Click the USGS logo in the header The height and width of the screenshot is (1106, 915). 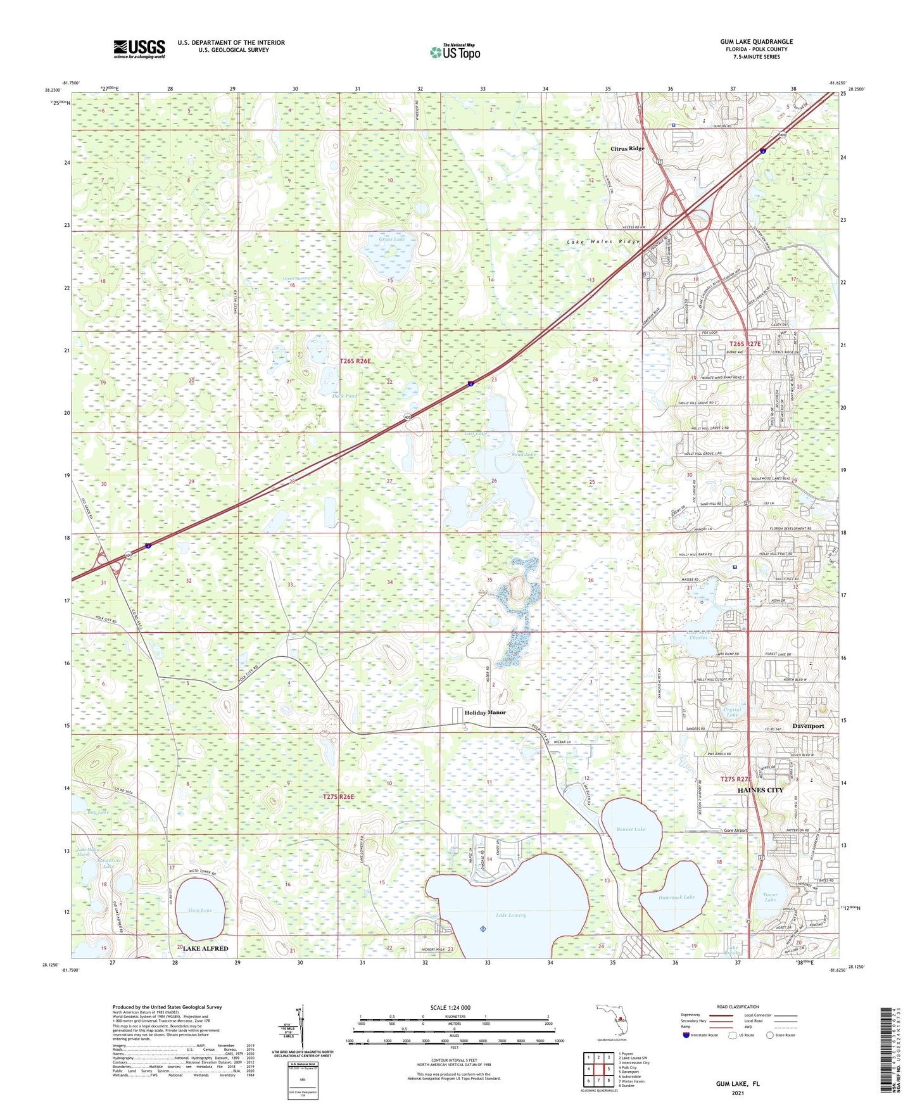[x=139, y=49]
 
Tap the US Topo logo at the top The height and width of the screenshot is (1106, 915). [x=455, y=52]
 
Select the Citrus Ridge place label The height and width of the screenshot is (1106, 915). [x=627, y=149]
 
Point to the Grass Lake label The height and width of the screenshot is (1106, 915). [x=391, y=239]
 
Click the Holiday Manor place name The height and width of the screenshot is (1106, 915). [x=485, y=713]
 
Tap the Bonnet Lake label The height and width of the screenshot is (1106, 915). [x=631, y=829]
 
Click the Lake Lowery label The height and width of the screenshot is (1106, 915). [x=510, y=915]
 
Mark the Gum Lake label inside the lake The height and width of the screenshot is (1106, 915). [x=199, y=910]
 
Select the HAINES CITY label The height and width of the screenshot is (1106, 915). [x=760, y=791]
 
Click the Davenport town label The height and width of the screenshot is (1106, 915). [x=809, y=726]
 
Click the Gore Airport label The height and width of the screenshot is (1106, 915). [x=735, y=830]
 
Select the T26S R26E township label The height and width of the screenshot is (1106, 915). [x=355, y=361]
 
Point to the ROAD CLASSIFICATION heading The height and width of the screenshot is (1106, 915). [x=738, y=1007]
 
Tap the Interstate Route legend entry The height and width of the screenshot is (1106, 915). [x=698, y=1035]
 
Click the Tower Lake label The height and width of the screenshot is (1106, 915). [x=770, y=898]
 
